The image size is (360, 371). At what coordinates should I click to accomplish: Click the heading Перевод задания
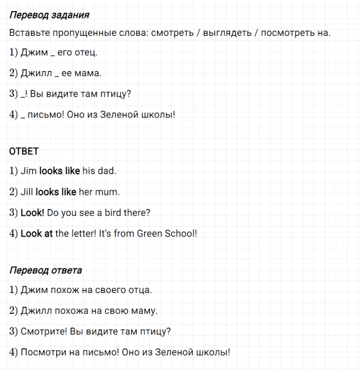click(x=49, y=15)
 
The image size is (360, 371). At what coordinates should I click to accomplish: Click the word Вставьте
click(x=29, y=33)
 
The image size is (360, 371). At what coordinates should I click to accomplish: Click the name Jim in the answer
click(x=28, y=171)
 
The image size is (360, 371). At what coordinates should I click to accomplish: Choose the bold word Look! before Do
click(x=32, y=213)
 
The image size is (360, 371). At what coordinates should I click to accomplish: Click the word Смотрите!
click(x=46, y=331)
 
